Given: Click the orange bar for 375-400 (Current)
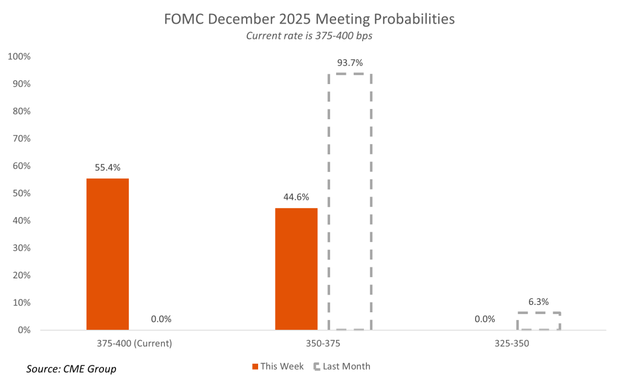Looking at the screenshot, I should pos(108,254).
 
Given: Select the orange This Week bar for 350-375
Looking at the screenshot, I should pos(296,269).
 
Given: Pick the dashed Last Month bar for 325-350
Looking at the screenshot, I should pos(539,321).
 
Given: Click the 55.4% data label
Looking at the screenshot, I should pos(108,168).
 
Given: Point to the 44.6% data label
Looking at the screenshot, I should pos(296,197).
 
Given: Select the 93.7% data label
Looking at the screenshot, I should pos(351,63).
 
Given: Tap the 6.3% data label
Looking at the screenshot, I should pos(539,301).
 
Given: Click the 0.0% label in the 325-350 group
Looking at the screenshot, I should pos(485,319).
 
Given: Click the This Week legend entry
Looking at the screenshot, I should pos(278,366).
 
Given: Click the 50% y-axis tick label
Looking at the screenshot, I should pos(21,194).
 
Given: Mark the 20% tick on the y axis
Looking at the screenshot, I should pos(21,275).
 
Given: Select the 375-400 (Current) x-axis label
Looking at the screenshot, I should pos(134,344).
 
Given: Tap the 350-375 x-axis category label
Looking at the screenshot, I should pos(323,344).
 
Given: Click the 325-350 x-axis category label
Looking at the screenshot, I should pos(512,344).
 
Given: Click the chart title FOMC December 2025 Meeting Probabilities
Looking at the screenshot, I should pos(309,19).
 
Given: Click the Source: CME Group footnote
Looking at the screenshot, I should pos(71,368).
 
